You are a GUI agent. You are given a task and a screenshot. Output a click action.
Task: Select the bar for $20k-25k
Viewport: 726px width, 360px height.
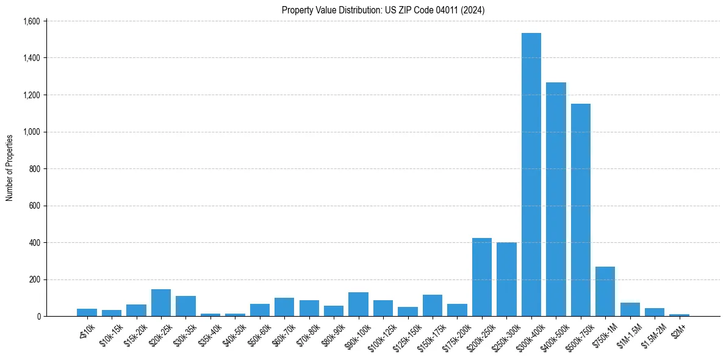pos(161,303)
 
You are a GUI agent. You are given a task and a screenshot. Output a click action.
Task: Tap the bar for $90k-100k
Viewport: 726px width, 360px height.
pos(358,304)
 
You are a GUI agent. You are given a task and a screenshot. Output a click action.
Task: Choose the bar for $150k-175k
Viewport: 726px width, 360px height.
pos(432,306)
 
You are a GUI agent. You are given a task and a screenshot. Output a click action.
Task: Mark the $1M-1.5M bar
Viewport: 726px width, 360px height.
pos(630,309)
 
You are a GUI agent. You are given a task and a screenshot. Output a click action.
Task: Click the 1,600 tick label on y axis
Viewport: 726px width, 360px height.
pos(31,21)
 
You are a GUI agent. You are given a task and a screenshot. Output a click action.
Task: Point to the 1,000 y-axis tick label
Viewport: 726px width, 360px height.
pos(31,132)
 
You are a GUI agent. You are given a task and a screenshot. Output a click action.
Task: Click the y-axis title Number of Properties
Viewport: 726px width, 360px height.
pos(10,168)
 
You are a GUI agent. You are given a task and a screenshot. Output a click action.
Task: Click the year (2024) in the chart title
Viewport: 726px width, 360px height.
pos(473,10)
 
